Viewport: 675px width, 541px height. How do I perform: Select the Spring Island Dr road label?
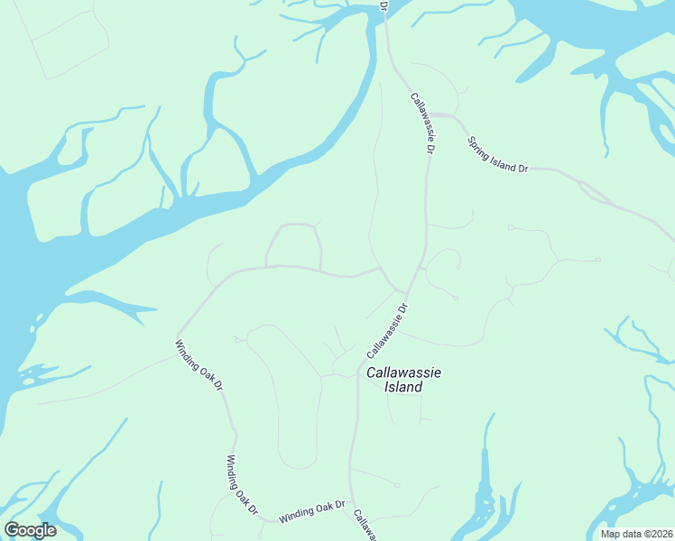tap(496, 154)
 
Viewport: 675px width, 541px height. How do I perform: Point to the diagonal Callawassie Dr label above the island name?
tap(389, 329)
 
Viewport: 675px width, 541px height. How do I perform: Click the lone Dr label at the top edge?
tap(384, 6)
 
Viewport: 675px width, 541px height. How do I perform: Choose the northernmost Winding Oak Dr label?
tap(199, 364)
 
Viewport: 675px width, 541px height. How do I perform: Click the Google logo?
tap(30, 530)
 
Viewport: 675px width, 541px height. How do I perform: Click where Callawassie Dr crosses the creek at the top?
tap(384, 11)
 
